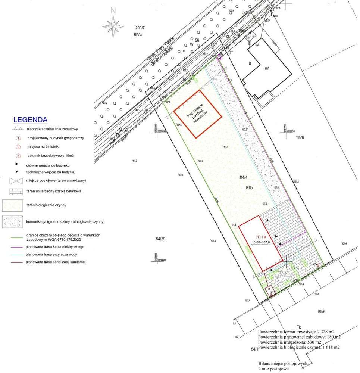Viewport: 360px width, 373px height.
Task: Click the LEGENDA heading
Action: pyautogui.click(x=30, y=120)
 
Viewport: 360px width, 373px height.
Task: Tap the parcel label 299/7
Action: pyautogui.click(x=140, y=28)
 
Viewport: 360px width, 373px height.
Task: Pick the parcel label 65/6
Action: pyautogui.click(x=322, y=311)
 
